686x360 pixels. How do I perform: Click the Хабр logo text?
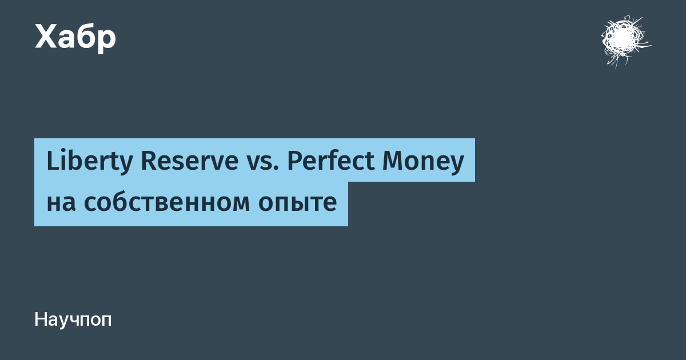pyautogui.click(x=75, y=38)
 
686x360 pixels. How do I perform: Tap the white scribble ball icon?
pyautogui.click(x=625, y=41)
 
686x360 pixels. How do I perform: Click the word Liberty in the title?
pyautogui.click(x=89, y=162)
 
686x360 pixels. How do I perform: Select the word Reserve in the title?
pyautogui.click(x=190, y=161)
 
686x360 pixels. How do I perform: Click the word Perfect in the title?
pyautogui.click(x=331, y=161)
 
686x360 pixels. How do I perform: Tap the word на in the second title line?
pyautogui.click(x=61, y=203)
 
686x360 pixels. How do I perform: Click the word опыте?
pyautogui.click(x=297, y=203)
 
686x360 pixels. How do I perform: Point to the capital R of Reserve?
pyautogui.click(x=149, y=161)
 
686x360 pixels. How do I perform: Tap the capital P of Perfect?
pyautogui.click(x=294, y=161)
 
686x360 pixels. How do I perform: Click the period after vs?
pyautogui.click(x=276, y=169)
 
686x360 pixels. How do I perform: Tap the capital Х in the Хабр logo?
pyautogui.click(x=46, y=37)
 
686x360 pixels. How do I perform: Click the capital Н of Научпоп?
pyautogui.click(x=41, y=319)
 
